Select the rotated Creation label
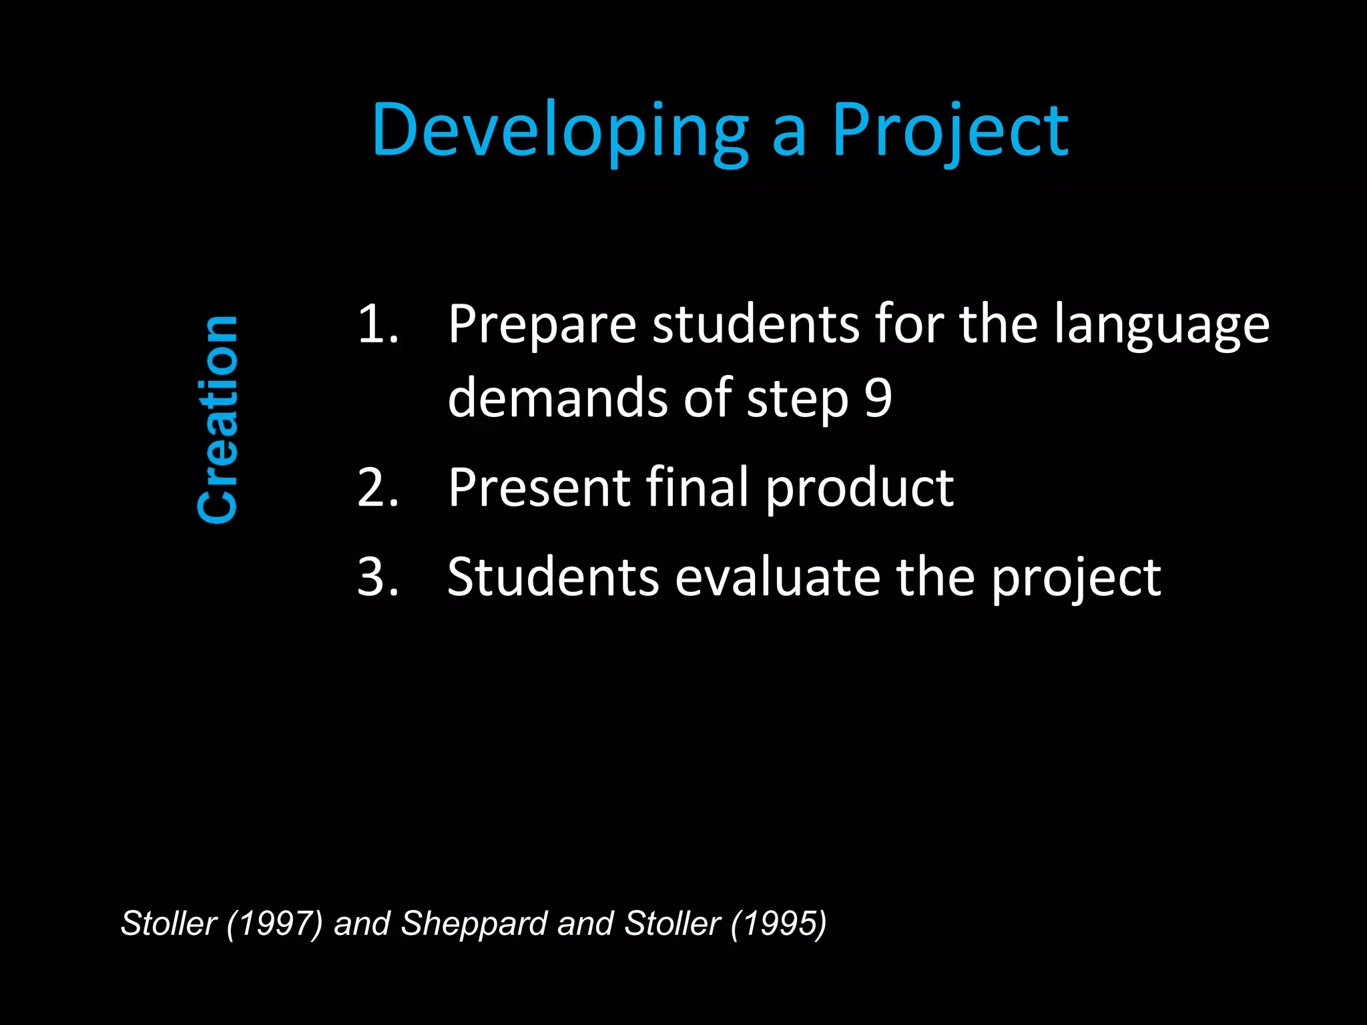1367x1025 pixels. pos(218,420)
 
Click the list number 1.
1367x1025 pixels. pos(377,324)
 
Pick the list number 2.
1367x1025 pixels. pos(377,488)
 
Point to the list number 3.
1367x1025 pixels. pos(377,577)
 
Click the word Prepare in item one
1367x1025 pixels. pos(541,326)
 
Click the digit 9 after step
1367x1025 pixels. pos(878,398)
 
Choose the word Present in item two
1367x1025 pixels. pos(539,488)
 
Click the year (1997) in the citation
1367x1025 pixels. pos(274,924)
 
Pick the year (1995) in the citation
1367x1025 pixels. pos(778,924)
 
